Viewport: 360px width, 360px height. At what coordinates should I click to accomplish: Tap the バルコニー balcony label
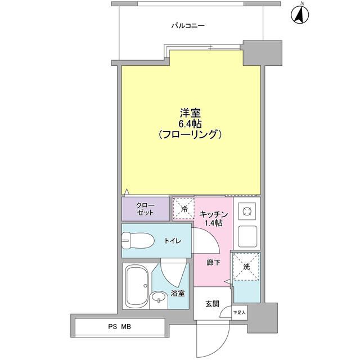(188, 26)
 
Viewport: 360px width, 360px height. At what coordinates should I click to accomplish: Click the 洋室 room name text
(188, 112)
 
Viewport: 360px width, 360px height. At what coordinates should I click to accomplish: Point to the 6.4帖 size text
(188, 123)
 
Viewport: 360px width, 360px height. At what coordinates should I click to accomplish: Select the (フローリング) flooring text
(188, 135)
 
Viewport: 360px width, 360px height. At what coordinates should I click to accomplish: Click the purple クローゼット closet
(146, 208)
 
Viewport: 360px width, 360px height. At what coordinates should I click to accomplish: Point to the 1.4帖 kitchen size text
(213, 223)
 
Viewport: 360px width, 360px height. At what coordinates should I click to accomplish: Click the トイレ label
(172, 241)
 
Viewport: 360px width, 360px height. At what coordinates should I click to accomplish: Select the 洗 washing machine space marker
(246, 267)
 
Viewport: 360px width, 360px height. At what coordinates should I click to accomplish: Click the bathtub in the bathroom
(137, 285)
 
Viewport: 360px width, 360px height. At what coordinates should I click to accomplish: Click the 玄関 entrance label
(211, 304)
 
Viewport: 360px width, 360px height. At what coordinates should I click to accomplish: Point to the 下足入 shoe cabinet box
(239, 312)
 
